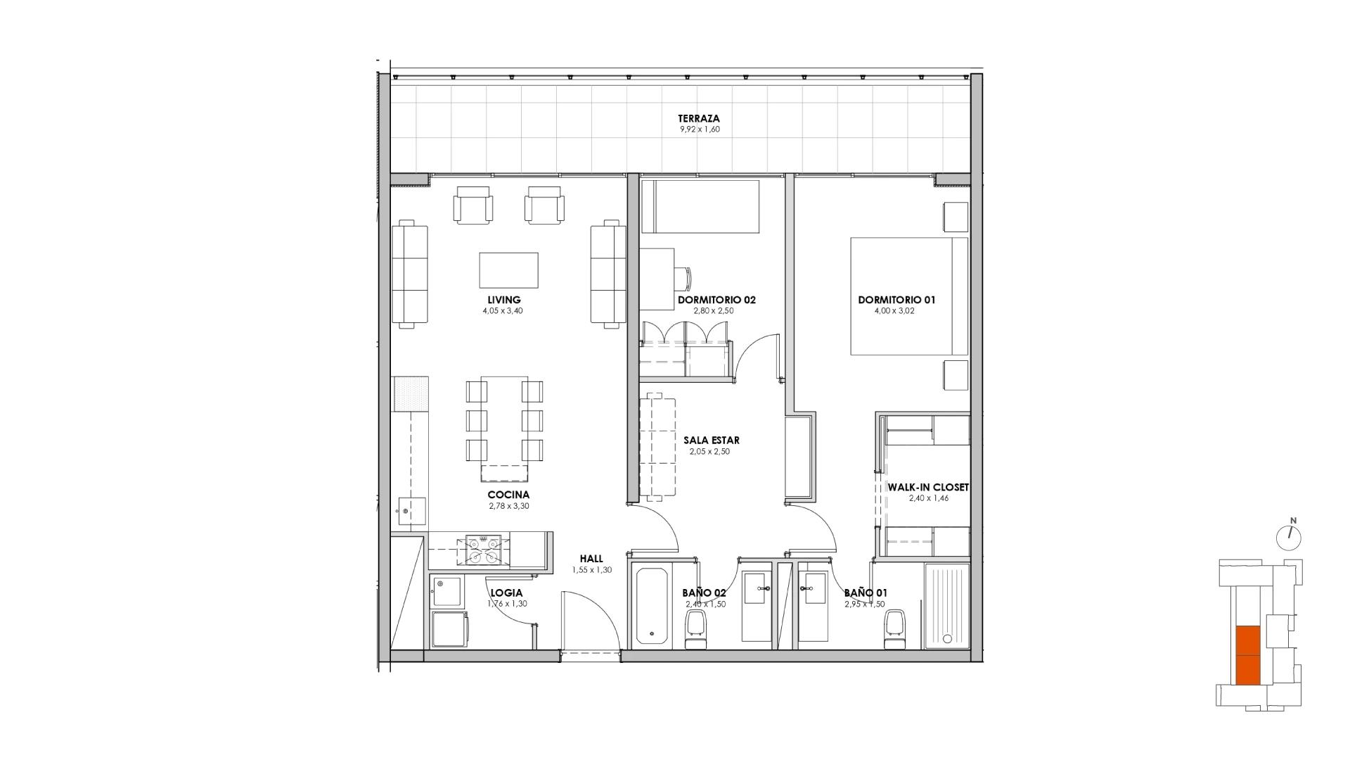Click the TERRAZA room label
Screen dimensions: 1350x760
pyautogui.click(x=699, y=118)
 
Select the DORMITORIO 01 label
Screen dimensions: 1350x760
pyautogui.click(x=896, y=300)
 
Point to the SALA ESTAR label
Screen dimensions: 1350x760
pyautogui.click(x=712, y=441)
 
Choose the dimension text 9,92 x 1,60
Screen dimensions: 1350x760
pyautogui.click(x=699, y=129)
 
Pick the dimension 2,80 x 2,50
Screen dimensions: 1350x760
pyautogui.click(x=716, y=311)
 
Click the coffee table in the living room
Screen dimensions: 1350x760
pyautogui.click(x=508, y=270)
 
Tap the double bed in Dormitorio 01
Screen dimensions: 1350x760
pyautogui.click(x=909, y=296)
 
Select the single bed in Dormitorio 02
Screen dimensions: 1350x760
pyautogui.click(x=700, y=206)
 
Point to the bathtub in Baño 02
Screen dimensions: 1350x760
pyautogui.click(x=653, y=606)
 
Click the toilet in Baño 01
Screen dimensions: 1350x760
pyautogui.click(x=894, y=631)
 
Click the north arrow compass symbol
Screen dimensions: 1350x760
pyautogui.click(x=1289, y=538)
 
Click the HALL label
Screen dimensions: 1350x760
pyautogui.click(x=591, y=559)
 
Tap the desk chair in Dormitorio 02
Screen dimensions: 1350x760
pyautogui.click(x=683, y=278)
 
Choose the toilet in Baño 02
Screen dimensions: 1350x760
pyautogui.click(x=695, y=631)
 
